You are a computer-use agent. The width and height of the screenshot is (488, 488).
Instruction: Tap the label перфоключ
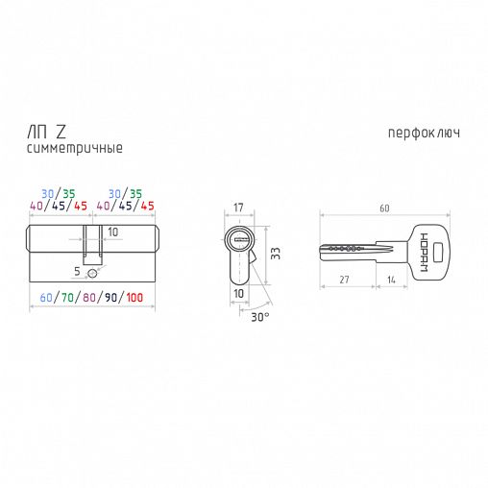coord(423,133)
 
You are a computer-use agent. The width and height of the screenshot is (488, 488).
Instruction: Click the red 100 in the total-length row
coord(134,298)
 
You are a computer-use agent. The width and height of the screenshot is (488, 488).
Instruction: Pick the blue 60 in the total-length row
coord(47,298)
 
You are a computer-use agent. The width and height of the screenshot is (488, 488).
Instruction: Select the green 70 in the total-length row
coord(68,298)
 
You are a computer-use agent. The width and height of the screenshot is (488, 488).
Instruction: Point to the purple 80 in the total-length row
coord(89,298)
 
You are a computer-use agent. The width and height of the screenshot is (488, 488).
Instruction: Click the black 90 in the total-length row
coord(110,298)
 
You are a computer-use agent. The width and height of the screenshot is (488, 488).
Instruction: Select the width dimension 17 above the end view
coord(237,207)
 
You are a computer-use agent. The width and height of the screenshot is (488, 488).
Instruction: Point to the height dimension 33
coord(273,255)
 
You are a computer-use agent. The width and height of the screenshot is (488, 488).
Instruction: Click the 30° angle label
coord(259,316)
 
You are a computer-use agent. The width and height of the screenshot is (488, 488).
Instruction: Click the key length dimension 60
coord(384,207)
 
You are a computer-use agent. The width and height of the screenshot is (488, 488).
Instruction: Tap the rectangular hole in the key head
coord(437,253)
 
